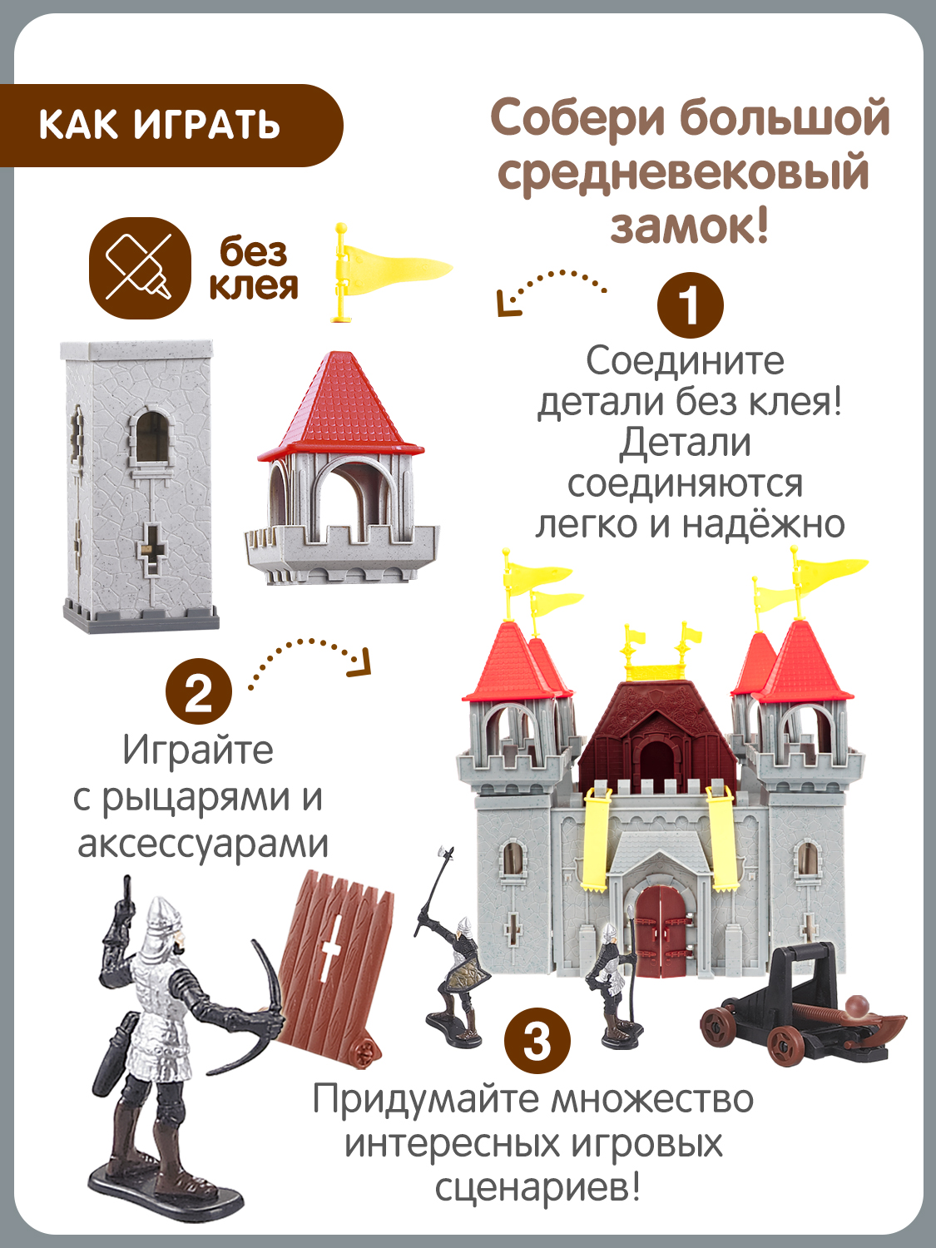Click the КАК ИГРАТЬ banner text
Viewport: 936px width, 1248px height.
click(159, 125)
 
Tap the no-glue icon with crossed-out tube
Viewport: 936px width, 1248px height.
click(139, 268)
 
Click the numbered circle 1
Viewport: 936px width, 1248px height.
click(690, 305)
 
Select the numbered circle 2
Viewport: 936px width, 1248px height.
click(198, 691)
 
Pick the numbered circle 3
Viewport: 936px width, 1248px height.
click(537, 1041)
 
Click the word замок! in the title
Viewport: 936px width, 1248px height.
click(689, 226)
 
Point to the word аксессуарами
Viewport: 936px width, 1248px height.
click(203, 844)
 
